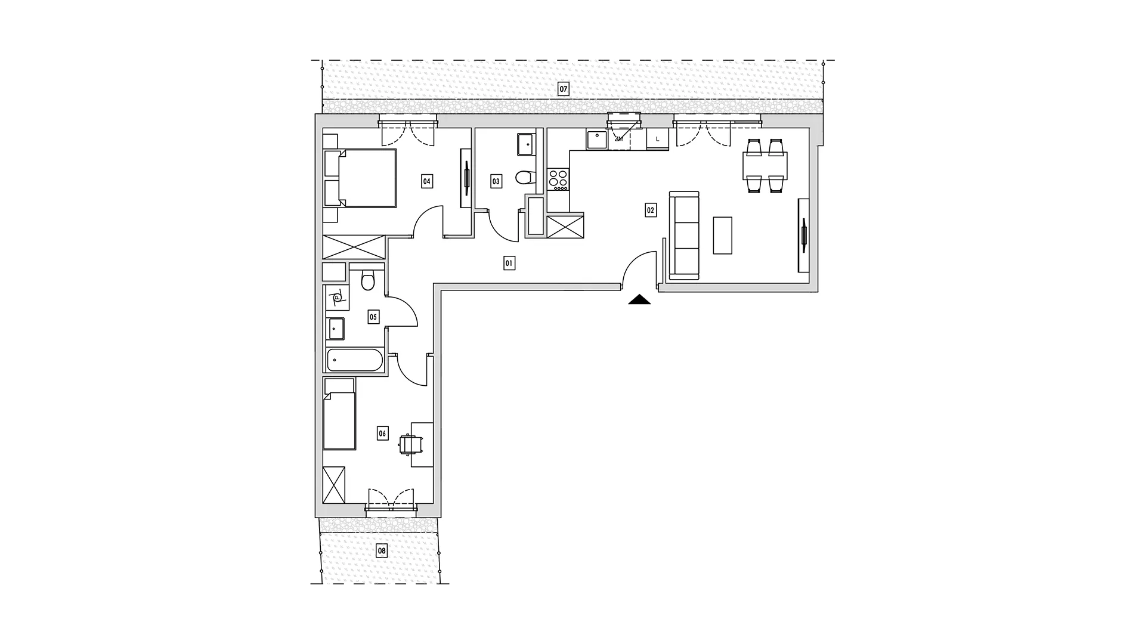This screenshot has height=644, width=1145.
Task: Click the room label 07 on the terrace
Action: click(x=563, y=90)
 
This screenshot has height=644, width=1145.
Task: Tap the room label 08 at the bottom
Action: click(x=382, y=551)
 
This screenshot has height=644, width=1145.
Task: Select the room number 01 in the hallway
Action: click(x=509, y=263)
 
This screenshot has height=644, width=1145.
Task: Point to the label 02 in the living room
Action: click(x=651, y=210)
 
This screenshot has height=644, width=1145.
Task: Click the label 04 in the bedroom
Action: click(x=427, y=181)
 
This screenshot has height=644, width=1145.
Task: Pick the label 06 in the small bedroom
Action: click(x=383, y=434)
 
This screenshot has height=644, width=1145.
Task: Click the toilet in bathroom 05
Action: click(x=368, y=280)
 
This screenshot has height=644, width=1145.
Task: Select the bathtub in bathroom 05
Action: click(x=354, y=360)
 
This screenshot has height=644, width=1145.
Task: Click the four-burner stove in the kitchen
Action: click(x=559, y=179)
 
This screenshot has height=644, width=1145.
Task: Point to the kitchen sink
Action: click(x=596, y=140)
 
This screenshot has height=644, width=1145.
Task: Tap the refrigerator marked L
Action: click(x=658, y=140)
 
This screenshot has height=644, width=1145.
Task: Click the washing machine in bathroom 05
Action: click(x=337, y=298)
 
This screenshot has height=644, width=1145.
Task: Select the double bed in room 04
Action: click(x=360, y=178)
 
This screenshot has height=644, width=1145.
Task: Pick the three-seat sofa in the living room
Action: click(x=684, y=236)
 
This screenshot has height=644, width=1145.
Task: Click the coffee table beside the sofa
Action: click(x=722, y=236)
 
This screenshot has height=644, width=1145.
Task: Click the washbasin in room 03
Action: click(x=525, y=144)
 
